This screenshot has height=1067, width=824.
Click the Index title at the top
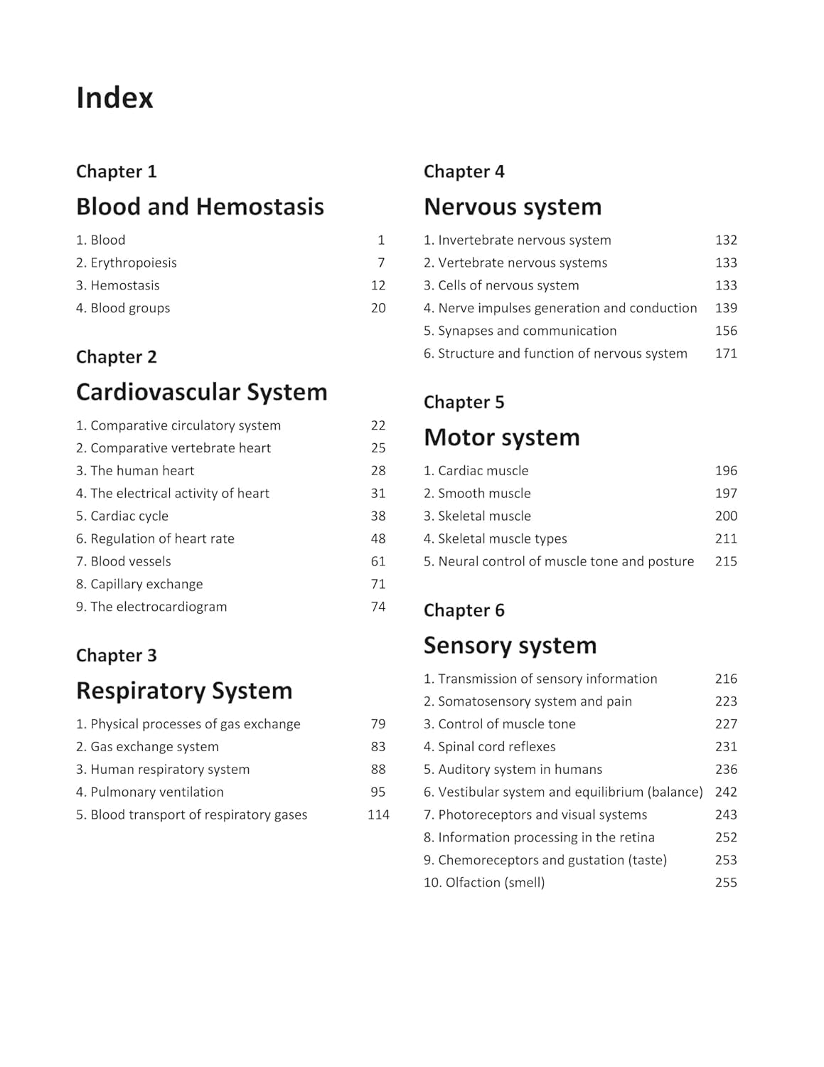pos(114,98)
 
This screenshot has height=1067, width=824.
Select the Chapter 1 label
pos(116,171)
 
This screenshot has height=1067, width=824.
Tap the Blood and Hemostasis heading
pos(200,206)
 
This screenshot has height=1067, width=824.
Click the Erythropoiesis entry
pos(127,262)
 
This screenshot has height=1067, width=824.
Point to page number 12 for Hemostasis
pos(378,285)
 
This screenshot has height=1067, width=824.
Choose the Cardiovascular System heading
pos(201,392)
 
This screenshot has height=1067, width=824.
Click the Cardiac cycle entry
pos(122,516)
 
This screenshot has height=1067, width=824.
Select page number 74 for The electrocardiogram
pos(378,607)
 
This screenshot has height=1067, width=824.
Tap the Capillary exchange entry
pos(139,584)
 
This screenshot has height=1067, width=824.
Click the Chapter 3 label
pos(116,655)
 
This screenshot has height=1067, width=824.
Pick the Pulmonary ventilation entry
pos(150,792)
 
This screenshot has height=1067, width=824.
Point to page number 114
pos(378,814)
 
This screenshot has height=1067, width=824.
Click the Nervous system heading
pos(513,206)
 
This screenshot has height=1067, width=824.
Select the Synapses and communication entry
pos(520,331)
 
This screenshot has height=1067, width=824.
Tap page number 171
pos(726,354)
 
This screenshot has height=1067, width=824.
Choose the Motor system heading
pos(501,437)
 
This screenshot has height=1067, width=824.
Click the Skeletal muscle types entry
pos(496,538)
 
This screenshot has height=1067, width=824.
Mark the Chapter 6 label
pos(464,610)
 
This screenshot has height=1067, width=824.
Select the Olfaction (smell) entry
pos(484,883)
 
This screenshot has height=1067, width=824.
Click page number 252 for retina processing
pos(726,837)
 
